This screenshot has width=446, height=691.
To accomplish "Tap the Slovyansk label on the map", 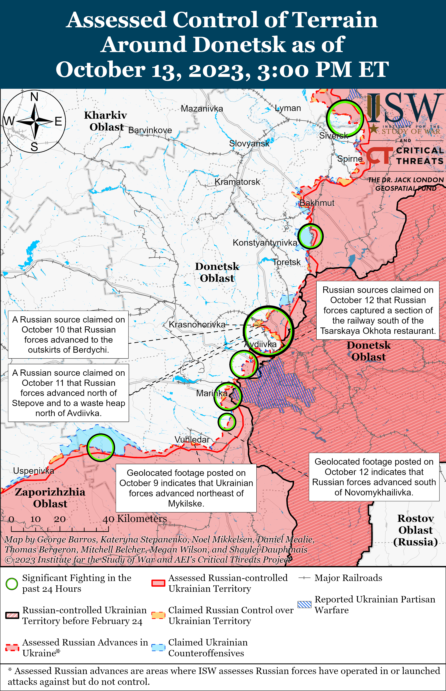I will pyautogui.click(x=249, y=143).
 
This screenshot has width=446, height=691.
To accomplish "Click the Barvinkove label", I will pyautogui.click(x=150, y=130).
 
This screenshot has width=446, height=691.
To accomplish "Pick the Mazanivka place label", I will pyautogui.click(x=202, y=109).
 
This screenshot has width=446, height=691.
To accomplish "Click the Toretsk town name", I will pyautogui.click(x=286, y=262).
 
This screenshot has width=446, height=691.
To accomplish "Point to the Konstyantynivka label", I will pyautogui.click(x=265, y=243).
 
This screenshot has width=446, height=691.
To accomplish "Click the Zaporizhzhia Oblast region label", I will pyautogui.click(x=50, y=498).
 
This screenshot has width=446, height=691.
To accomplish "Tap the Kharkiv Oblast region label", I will pyautogui.click(x=106, y=121).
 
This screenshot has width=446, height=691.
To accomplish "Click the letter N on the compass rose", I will pyautogui.click(x=34, y=97).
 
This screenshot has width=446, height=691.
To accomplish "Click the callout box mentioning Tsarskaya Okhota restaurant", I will pyautogui.click(x=378, y=310).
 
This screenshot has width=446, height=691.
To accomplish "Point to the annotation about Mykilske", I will pyautogui.click(x=186, y=488).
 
